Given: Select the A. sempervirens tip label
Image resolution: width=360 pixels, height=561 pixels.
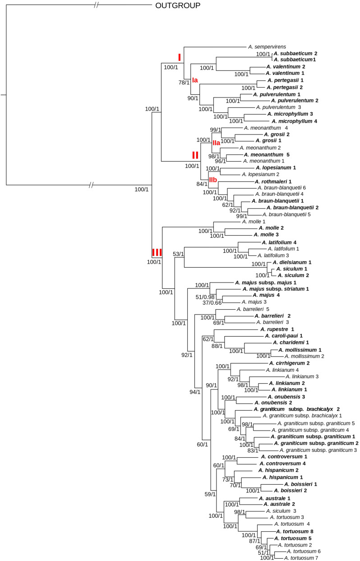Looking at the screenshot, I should click(267, 46).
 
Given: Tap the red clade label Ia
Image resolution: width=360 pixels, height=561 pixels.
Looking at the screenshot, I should click(195, 80).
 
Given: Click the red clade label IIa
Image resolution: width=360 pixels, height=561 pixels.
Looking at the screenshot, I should click(216, 143).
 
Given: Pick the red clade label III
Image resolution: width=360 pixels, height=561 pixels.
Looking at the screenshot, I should click(157, 252).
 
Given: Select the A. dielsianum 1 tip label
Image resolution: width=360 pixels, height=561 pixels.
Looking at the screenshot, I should click(291, 262).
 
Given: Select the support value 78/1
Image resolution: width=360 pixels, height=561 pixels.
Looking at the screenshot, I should click(185, 83).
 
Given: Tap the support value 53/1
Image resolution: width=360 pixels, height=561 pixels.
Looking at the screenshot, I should click(179, 254).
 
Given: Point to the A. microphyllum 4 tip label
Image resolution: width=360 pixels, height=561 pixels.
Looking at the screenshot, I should click(294, 121).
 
